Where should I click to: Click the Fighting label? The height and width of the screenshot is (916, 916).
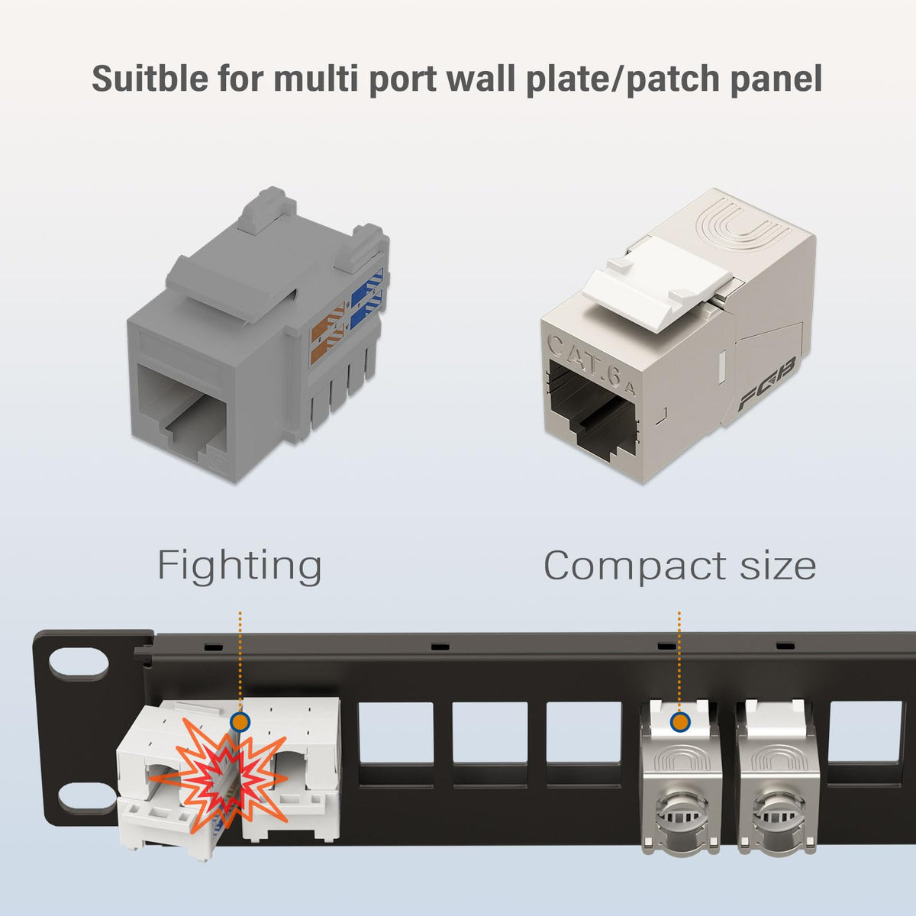[x=239, y=566]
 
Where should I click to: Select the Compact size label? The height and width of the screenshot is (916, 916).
[x=679, y=566]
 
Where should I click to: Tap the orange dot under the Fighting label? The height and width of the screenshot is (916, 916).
[x=240, y=721]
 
